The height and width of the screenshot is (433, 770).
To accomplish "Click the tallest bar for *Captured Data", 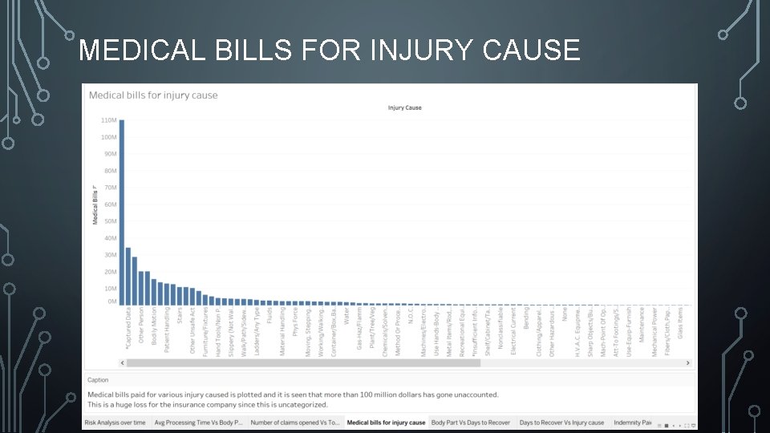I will click(x=122, y=212).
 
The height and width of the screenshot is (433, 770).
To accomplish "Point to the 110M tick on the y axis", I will click(x=109, y=120).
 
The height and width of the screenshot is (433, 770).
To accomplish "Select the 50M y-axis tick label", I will click(x=110, y=221).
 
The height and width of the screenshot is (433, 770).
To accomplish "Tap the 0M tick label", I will click(x=111, y=301).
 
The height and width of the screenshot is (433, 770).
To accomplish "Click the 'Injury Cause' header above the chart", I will click(x=404, y=107).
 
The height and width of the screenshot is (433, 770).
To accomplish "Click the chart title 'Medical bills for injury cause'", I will click(x=153, y=95).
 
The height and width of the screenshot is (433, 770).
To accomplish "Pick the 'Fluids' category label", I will click(x=270, y=315).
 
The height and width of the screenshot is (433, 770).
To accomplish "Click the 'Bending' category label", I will click(x=526, y=319).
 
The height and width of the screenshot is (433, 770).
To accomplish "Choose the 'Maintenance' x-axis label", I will click(x=642, y=325).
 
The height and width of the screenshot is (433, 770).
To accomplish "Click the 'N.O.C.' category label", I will click(x=411, y=316).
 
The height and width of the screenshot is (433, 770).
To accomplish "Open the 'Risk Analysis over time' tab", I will click(x=115, y=423).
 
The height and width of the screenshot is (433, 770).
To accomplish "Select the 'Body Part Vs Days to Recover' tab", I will click(x=470, y=423).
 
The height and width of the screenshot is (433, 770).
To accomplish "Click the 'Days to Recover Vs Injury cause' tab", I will click(x=561, y=423).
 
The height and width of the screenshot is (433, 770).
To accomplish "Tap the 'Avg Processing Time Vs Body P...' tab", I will click(x=198, y=423).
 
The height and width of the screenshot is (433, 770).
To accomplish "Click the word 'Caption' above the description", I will click(x=98, y=380).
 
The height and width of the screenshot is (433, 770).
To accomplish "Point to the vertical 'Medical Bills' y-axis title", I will click(x=94, y=204).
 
